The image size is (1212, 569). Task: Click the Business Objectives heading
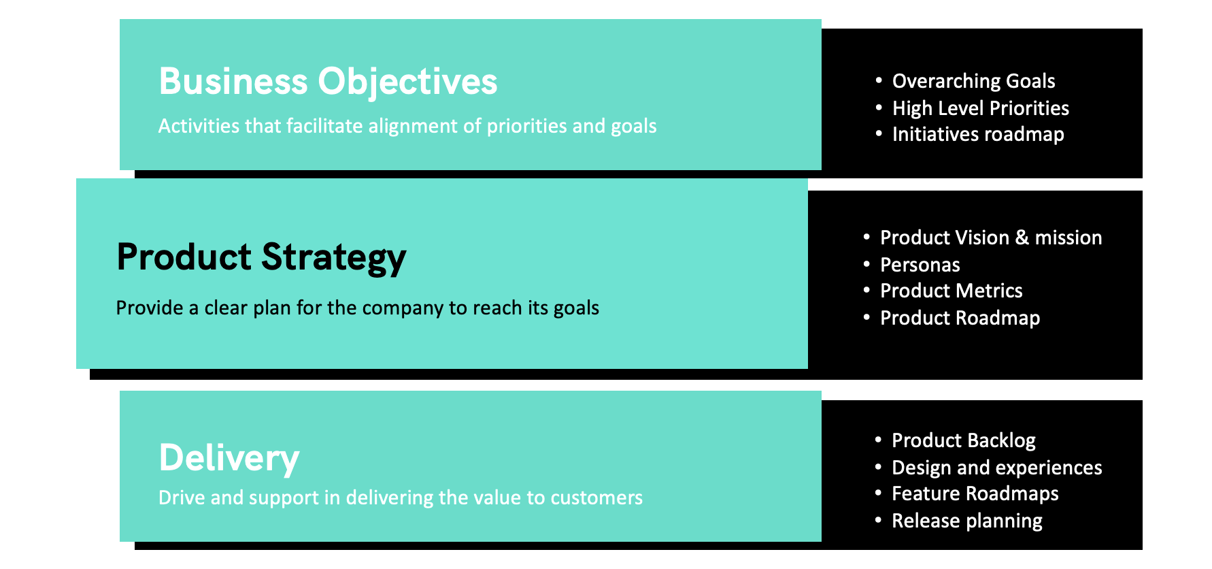[328, 82]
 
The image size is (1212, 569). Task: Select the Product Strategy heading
[261, 257]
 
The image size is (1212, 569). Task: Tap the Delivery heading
[229, 457]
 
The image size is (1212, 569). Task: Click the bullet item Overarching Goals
[973, 81]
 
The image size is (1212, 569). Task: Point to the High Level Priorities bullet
[980, 108]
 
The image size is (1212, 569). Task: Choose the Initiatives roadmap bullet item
[977, 135]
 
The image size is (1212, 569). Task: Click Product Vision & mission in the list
[990, 238]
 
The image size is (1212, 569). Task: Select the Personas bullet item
[920, 265]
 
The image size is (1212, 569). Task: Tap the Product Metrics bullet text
[951, 291]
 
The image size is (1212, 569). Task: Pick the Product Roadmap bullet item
[960, 318]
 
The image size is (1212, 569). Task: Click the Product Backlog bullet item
[963, 440]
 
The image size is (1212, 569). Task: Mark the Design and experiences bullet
[996, 468]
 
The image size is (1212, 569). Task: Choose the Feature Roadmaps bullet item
[975, 493]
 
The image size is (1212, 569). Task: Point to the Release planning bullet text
[966, 521]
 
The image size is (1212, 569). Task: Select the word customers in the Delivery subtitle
[596, 498]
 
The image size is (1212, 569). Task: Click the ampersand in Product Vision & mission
[1022, 238]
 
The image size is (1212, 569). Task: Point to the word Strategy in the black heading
[333, 257]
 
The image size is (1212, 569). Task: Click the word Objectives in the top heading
[407, 82]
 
